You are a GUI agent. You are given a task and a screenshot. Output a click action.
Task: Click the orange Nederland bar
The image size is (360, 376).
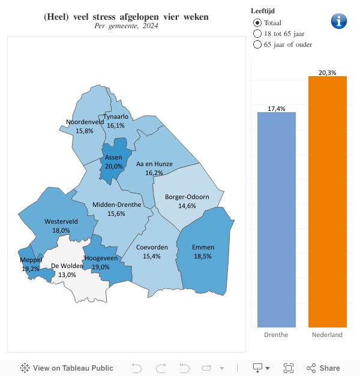coord(327,201)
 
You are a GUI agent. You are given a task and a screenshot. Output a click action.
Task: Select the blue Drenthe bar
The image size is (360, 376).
coord(276,219)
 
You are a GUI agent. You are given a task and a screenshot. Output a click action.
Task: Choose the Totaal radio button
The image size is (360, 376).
coord(257,23)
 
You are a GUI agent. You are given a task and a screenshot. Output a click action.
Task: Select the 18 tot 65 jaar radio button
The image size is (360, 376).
coord(257,34)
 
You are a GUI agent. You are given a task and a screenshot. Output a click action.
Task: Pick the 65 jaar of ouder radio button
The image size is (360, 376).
coord(257,44)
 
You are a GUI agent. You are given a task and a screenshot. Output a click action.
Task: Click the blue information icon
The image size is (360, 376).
coord(339,20)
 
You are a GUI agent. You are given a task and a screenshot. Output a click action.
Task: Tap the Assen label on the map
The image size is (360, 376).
coord(113,158)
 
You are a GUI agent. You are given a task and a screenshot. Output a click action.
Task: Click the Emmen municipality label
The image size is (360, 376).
coord(203,247)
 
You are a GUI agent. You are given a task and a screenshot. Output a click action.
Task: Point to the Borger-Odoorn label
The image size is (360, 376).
coord(187,197)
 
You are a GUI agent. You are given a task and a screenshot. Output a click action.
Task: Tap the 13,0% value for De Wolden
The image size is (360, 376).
coord(67,275)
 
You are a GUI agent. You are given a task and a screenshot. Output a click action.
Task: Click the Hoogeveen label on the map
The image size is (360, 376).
coord(101,258)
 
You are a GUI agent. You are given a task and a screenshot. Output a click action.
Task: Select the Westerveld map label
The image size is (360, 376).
coord(61,221)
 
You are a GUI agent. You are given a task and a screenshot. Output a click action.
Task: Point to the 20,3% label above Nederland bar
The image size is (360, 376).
coord(327,73)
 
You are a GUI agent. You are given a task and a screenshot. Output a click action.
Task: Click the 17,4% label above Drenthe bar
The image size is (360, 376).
coord(276,109)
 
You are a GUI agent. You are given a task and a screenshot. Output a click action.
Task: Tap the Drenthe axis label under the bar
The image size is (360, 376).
coord(276,335)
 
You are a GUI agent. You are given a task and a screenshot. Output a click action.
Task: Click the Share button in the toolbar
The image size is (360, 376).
coord(323,368)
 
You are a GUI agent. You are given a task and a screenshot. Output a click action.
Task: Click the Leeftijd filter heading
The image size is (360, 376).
coord(263,11)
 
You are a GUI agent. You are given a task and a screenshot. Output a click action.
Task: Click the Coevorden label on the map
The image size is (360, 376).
coord(151,247)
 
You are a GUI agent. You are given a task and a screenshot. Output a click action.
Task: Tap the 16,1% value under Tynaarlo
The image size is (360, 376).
coord(116,126)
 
